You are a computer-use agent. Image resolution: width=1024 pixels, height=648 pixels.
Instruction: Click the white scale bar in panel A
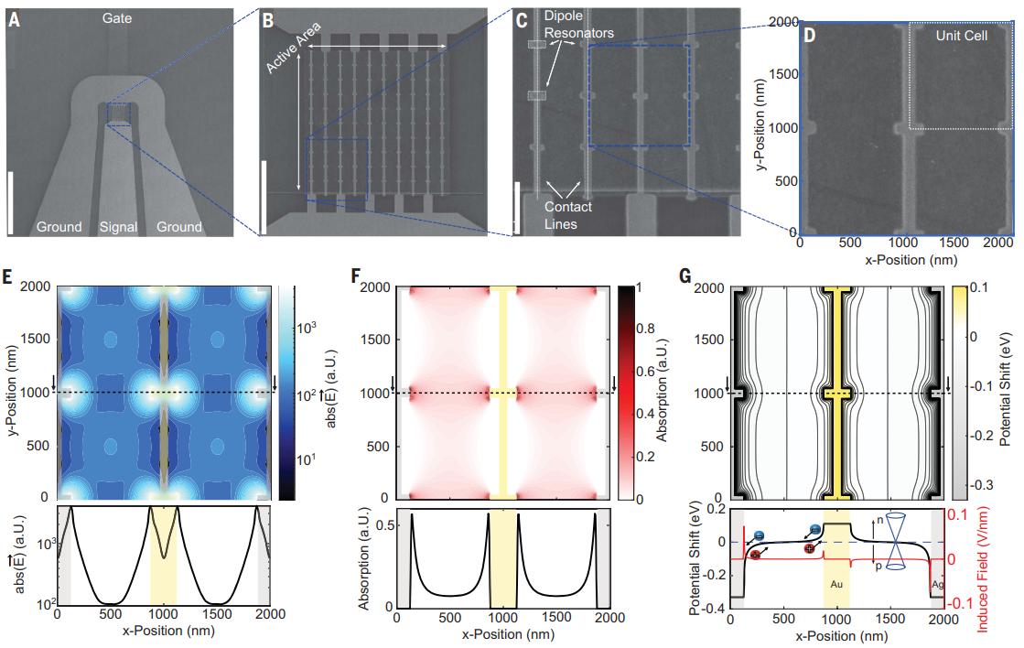click(x=12, y=201)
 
